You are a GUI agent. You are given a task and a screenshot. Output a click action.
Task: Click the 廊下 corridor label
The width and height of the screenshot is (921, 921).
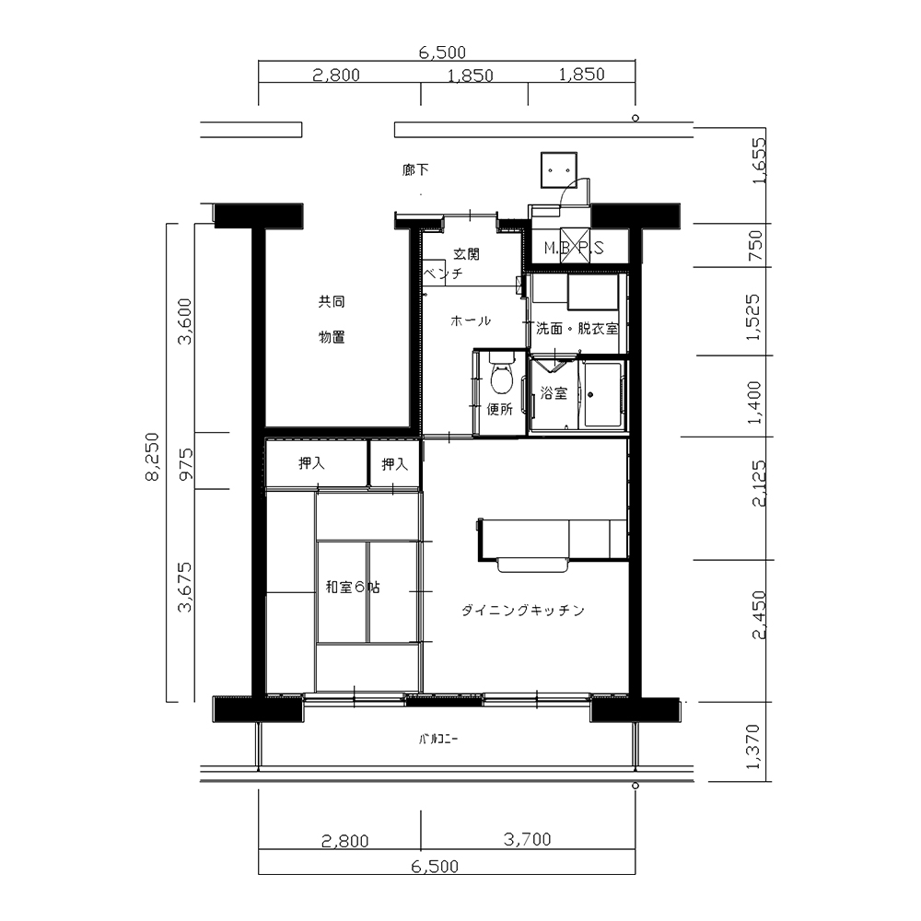coord(415,170)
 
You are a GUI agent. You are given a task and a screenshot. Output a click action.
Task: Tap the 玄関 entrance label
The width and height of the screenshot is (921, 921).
coord(466,254)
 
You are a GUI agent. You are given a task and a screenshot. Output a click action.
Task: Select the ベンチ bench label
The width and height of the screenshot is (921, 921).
coord(444,274)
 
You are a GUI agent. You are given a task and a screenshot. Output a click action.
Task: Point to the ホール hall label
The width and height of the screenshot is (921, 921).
coord(471,321)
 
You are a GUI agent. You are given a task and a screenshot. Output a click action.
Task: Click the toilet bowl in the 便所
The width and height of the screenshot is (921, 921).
coord(501,379)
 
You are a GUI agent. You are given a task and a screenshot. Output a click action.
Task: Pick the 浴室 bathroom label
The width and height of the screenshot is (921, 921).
coord(554,393)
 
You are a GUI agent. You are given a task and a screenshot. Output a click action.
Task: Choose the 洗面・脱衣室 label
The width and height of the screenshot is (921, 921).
coord(577,329)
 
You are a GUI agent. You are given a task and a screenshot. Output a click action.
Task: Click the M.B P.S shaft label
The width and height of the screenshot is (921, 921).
coord(574,248)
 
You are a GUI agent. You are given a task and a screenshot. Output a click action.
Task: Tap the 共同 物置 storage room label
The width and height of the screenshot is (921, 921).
coord(332,320)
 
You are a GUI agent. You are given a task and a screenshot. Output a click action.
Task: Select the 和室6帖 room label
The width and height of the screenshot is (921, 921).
coord(353,587)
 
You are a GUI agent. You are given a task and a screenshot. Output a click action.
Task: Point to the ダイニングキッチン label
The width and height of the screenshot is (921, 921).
coord(523,611)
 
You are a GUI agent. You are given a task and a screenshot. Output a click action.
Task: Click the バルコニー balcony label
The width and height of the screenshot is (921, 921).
coord(438,740)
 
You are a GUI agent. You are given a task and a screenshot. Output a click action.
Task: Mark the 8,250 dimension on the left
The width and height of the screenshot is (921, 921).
coord(152,457)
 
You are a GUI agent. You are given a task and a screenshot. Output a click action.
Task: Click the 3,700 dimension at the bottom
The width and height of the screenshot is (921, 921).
coord(527,839)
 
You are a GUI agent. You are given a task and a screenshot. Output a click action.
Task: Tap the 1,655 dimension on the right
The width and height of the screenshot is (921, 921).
coord(760,160)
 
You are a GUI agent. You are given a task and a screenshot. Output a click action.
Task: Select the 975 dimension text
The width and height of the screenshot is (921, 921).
coord(186,464)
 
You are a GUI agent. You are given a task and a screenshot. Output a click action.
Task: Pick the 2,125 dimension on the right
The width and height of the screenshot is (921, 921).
coord(759,483)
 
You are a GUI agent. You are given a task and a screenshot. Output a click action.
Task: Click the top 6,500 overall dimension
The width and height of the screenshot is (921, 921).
coord(442,52)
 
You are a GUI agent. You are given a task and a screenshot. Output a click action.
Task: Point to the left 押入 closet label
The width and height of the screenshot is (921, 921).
coord(311,463)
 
